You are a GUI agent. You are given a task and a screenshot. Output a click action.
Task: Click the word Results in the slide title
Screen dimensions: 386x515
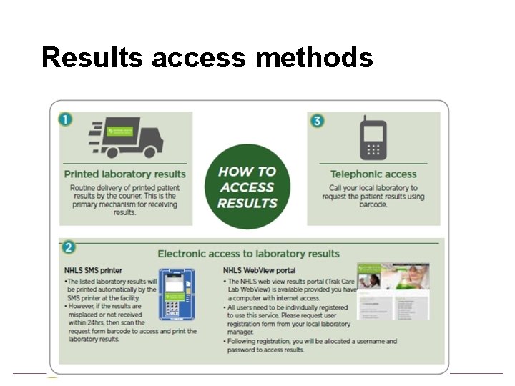click(x=92, y=56)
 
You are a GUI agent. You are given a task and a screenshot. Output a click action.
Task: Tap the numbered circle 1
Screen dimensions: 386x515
click(x=67, y=119)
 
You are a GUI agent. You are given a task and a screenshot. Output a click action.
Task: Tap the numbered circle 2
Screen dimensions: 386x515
click(x=69, y=247)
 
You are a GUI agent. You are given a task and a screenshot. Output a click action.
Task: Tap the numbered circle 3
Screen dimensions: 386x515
click(x=317, y=120)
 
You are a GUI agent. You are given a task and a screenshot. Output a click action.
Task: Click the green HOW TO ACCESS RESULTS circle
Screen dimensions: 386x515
click(x=247, y=187)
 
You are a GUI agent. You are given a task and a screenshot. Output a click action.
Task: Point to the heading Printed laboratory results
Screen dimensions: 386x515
click(x=124, y=174)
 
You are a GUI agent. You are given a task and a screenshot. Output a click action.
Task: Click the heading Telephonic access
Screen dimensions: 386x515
click(x=373, y=174)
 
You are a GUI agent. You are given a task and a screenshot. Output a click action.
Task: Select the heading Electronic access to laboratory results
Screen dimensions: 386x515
click(x=248, y=253)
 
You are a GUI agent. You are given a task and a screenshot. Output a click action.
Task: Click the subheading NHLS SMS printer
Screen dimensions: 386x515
click(x=94, y=271)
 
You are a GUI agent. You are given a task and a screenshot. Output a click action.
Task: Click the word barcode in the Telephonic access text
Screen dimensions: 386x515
click(x=373, y=204)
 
